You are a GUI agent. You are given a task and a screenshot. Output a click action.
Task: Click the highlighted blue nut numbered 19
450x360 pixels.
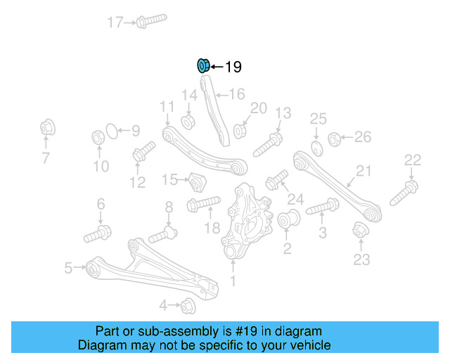pos(202,67)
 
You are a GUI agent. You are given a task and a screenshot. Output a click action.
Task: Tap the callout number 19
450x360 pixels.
pos(233,67)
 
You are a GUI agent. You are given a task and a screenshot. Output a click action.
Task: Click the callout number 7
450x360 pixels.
pos(46,158)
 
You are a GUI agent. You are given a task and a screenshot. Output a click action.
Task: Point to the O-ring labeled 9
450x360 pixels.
pos(110,130)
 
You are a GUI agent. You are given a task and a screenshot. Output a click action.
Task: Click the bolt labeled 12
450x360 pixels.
pos(144,152)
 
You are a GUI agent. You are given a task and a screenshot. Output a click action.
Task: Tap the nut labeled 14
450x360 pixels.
pos(188,121)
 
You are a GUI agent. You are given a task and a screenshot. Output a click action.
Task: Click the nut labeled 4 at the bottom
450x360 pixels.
pos(187,306)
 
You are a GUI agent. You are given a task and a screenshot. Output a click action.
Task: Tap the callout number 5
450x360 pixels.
pos(68,267)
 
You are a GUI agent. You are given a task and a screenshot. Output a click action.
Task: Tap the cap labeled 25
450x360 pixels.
pos(316,147)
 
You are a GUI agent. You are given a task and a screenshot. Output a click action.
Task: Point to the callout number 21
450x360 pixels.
pos(363,170)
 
